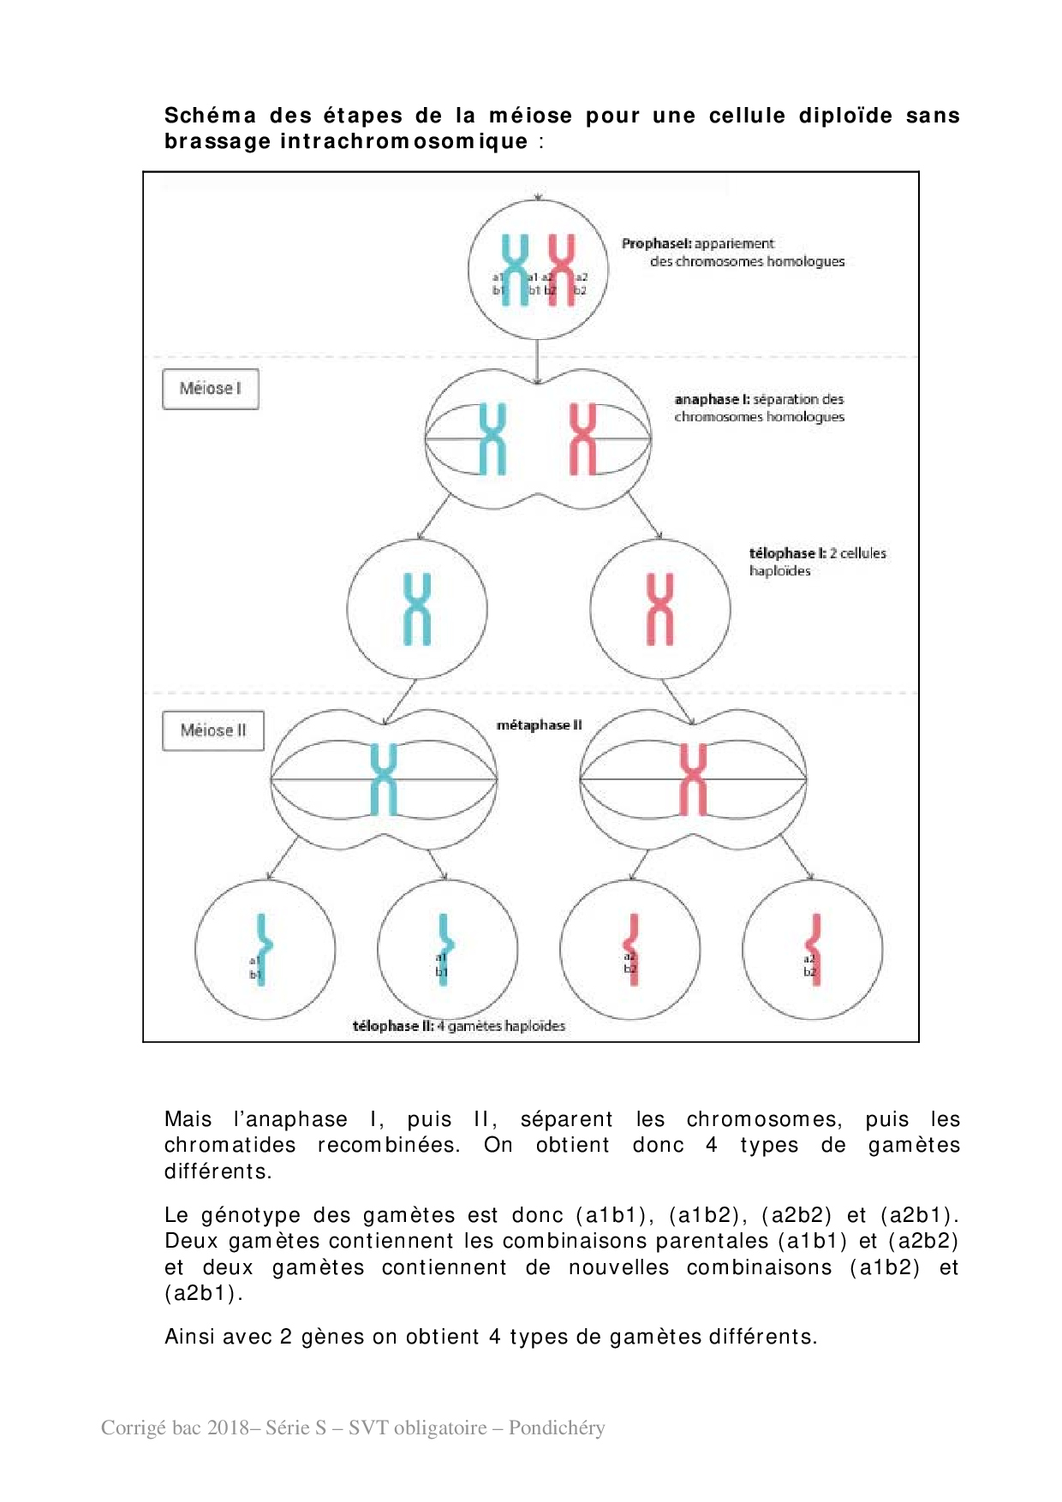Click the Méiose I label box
(210, 389)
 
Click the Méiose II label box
(212, 730)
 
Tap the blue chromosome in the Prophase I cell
(516, 270)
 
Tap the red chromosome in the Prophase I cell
(562, 270)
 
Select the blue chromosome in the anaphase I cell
(492, 438)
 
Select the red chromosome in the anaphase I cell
(583, 438)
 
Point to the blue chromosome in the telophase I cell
(417, 609)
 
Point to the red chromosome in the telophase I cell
(660, 609)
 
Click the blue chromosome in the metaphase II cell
(384, 779)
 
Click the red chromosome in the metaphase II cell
(693, 779)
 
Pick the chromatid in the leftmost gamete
(262, 949)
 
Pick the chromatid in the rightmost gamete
(814, 949)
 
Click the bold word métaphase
(533, 725)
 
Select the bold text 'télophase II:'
(393, 1026)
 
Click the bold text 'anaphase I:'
(712, 400)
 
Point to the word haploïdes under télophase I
(779, 571)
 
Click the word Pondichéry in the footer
(557, 1427)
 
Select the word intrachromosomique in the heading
(403, 141)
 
